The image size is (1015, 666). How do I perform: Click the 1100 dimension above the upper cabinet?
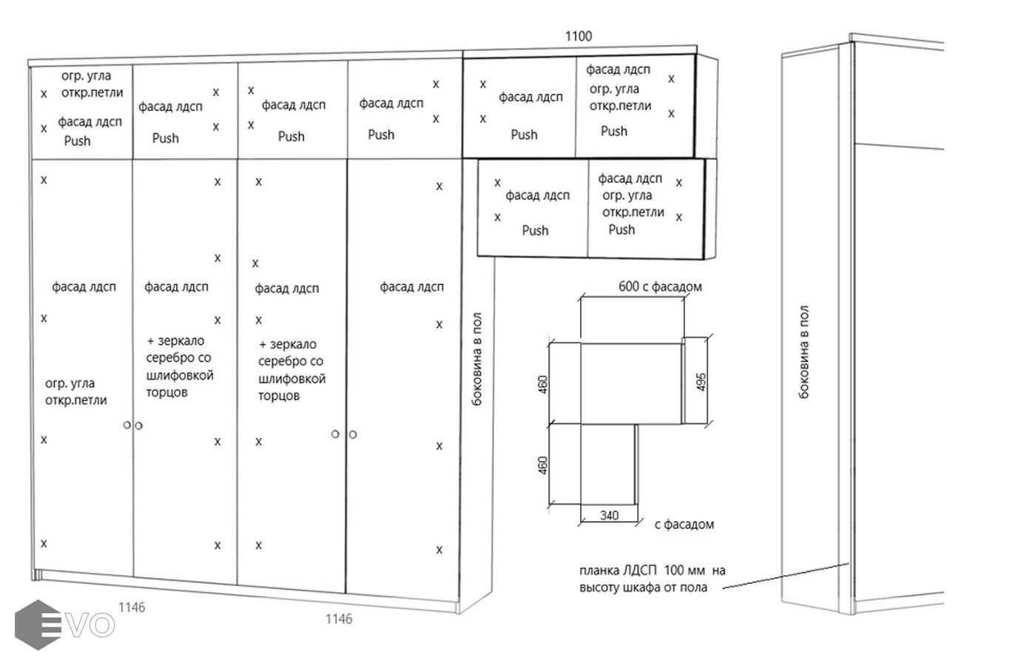(579, 36)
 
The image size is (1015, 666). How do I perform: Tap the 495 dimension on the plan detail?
(701, 382)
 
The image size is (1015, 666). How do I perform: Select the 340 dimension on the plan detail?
(609, 516)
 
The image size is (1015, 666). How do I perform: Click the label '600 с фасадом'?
(660, 286)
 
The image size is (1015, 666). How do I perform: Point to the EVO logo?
(64, 625)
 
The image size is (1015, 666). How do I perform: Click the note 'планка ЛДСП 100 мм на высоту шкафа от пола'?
(652, 579)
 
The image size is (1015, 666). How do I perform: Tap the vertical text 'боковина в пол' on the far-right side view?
(803, 352)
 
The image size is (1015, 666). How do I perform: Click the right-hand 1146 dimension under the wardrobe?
(339, 619)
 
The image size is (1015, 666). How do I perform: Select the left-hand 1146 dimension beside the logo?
(132, 608)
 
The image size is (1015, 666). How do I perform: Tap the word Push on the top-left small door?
(77, 141)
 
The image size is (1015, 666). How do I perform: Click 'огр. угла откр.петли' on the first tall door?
(75, 391)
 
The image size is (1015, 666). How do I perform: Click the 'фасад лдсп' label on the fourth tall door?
(411, 286)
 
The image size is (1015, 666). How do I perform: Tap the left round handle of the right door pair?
(335, 434)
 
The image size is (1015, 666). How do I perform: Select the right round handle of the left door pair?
(138, 425)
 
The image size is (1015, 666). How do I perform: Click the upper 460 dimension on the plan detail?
(543, 385)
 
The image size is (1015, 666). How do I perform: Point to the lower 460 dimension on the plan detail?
(543, 465)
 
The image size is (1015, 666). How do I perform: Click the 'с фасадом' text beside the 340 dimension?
(684, 525)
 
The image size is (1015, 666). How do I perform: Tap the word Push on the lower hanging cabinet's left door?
(535, 230)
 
